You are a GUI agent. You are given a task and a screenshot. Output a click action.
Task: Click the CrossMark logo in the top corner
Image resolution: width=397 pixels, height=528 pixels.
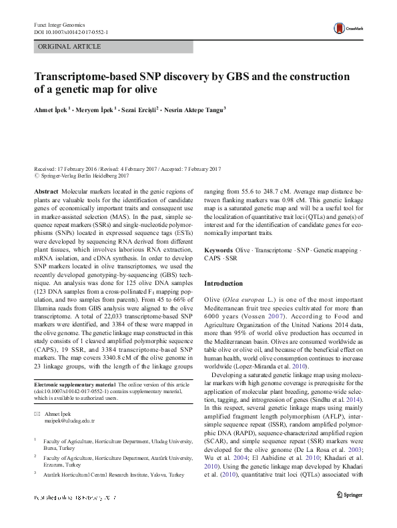point(344,27)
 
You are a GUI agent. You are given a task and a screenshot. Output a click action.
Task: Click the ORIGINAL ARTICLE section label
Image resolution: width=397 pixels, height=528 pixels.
point(69,47)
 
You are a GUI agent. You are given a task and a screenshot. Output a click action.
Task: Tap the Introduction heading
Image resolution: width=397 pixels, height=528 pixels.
point(224,284)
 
